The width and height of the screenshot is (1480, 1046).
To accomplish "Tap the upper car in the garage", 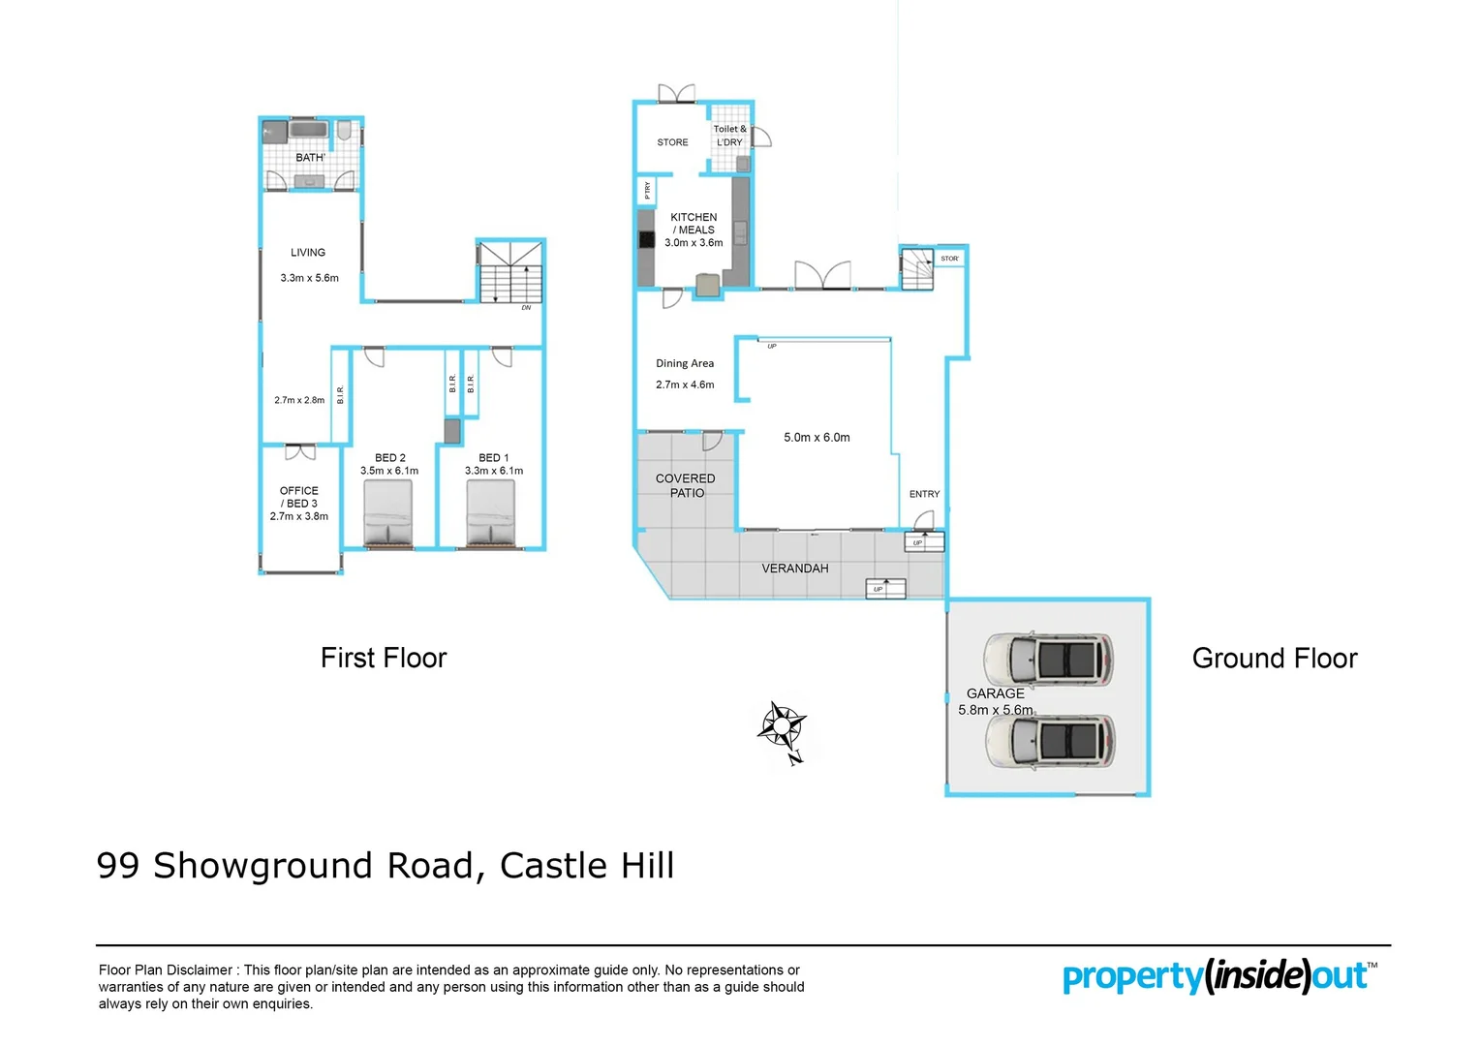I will click(x=1049, y=659).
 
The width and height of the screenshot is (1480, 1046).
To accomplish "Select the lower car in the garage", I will click(x=1049, y=741).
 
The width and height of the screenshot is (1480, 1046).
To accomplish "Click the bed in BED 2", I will click(x=388, y=513).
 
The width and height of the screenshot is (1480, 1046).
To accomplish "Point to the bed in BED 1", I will click(x=491, y=513).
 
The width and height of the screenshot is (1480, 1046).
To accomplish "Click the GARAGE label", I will click(x=995, y=693).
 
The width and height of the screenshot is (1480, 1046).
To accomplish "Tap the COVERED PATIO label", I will click(x=686, y=485).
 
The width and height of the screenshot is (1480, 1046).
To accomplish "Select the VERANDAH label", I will click(x=794, y=569).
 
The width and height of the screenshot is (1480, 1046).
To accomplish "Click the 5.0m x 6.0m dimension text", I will click(x=817, y=438).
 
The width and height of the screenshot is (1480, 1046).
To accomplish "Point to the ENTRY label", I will click(x=924, y=494).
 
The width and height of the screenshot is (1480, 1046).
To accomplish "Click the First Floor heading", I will click(x=384, y=659).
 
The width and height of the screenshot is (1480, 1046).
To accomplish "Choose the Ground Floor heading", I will click(x=1275, y=659).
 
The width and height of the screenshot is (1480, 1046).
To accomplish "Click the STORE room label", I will click(x=672, y=142).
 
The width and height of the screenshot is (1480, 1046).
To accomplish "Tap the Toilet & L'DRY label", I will click(x=730, y=136).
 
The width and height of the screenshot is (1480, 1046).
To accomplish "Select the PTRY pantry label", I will click(x=647, y=191).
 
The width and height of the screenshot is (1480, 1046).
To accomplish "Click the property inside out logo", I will click(x=1218, y=976).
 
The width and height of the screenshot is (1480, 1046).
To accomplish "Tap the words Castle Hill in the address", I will click(x=587, y=866).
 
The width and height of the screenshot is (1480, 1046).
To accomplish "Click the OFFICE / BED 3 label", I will click(x=299, y=504).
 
